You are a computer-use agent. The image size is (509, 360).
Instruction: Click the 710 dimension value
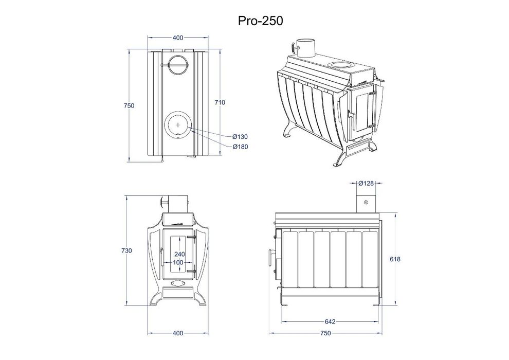click(220, 103)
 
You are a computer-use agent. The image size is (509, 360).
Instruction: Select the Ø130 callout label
click(240, 137)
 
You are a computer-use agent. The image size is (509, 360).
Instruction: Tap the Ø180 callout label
click(240, 147)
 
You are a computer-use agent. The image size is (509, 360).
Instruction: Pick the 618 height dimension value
click(395, 259)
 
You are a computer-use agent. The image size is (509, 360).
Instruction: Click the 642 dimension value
click(330, 322)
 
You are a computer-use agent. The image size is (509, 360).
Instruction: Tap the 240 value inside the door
click(179, 254)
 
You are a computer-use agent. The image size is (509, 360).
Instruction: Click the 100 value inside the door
click(179, 263)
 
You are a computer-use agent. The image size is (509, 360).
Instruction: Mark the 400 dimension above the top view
click(178, 38)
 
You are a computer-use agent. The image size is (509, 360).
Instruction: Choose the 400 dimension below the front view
click(178, 334)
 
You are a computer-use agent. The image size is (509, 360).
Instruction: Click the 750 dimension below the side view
click(325, 334)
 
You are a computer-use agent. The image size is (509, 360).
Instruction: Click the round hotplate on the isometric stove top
click(340, 65)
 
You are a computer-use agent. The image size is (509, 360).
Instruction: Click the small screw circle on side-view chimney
click(366, 203)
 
